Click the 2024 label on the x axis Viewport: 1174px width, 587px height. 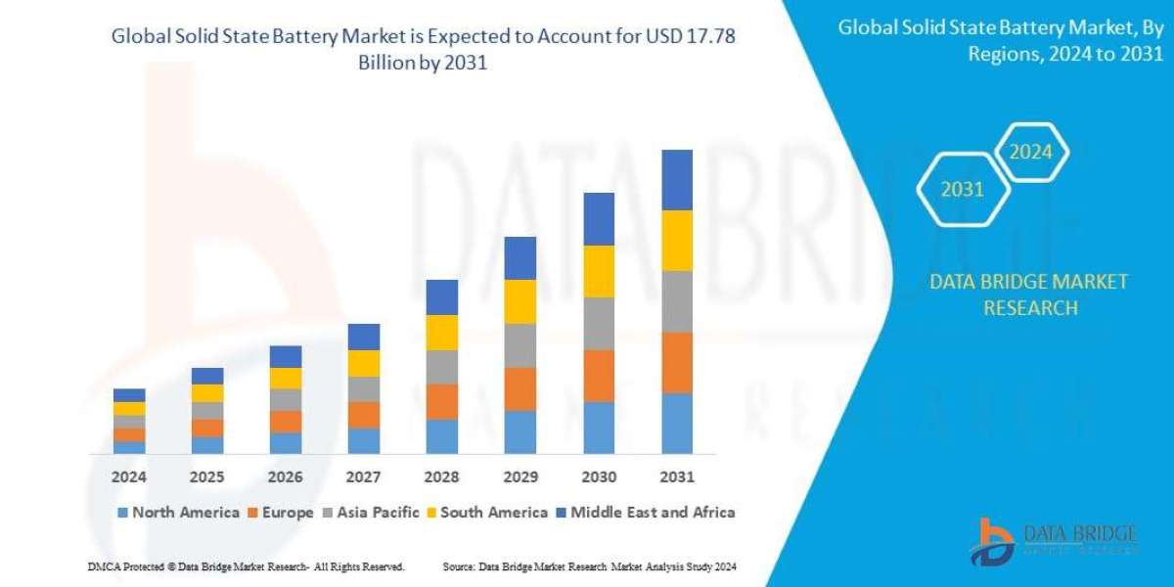128,477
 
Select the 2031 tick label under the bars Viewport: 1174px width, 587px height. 677,477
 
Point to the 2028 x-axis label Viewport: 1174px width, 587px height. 442,477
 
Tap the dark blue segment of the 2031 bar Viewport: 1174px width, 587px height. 677,180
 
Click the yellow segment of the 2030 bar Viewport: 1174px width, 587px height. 599,271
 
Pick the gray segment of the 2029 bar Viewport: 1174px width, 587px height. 520,345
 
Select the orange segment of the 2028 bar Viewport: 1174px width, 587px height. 442,401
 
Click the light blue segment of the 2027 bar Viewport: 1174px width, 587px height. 364,440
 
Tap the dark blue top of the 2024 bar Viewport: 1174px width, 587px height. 129,394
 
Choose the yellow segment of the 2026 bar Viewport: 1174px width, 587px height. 286,378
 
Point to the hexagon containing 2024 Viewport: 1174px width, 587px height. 1030,152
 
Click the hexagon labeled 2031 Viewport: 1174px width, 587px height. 962,189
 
